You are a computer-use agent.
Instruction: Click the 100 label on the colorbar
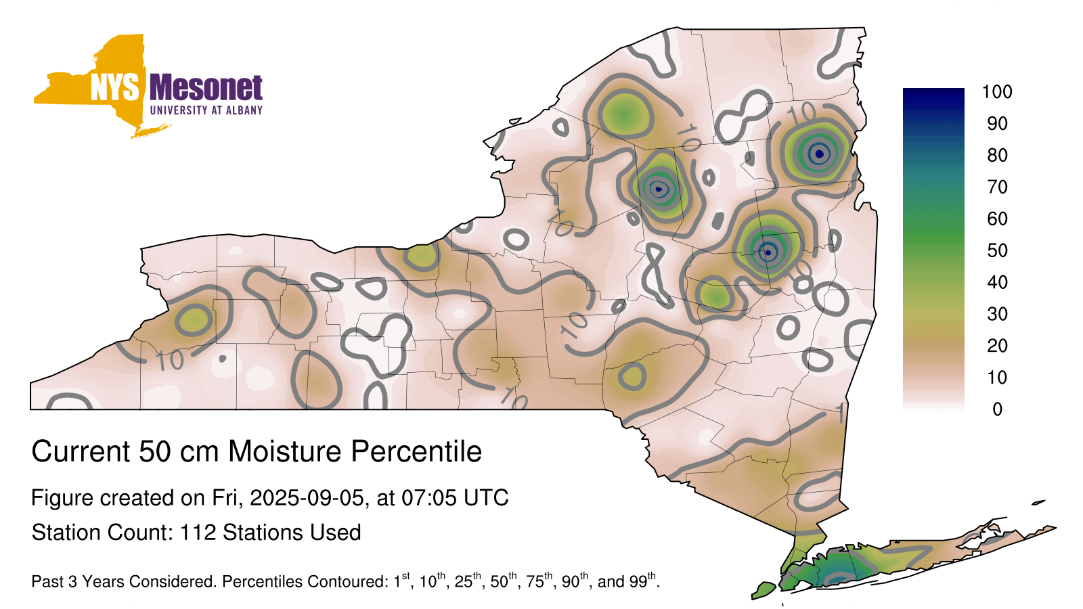pyautogui.click(x=997, y=91)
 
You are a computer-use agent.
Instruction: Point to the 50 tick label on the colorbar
pyautogui.click(x=997, y=250)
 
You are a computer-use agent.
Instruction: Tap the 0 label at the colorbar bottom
pyautogui.click(x=997, y=409)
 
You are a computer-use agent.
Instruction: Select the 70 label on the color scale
pyautogui.click(x=997, y=187)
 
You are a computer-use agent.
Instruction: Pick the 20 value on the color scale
pyautogui.click(x=997, y=346)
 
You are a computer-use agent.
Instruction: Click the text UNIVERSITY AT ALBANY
pyautogui.click(x=206, y=110)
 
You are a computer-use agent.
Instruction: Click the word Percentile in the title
pyautogui.click(x=416, y=451)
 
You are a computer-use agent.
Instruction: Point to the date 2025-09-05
pyautogui.click(x=307, y=498)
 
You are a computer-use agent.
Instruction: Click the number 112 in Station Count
pyautogui.click(x=198, y=533)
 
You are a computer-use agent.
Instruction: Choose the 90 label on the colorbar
pyautogui.click(x=997, y=123)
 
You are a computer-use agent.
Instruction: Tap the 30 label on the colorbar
pyautogui.click(x=997, y=314)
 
